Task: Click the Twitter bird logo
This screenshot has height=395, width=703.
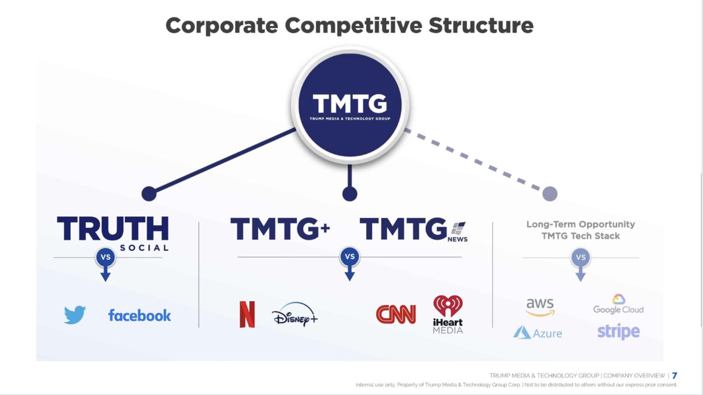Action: pyautogui.click(x=75, y=315)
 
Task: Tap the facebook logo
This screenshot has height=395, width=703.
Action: pyautogui.click(x=139, y=315)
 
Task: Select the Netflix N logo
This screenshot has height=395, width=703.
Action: pyautogui.click(x=247, y=314)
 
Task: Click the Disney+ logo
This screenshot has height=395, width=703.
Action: pyautogui.click(x=295, y=314)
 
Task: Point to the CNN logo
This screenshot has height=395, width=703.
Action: pyautogui.click(x=396, y=314)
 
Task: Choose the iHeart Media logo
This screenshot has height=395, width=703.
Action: pyautogui.click(x=448, y=314)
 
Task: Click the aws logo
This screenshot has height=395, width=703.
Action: pyautogui.click(x=540, y=307)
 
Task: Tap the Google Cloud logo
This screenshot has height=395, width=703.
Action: pyautogui.click(x=618, y=304)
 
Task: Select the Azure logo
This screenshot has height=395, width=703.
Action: pyautogui.click(x=538, y=332)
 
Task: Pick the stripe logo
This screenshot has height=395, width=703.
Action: pyautogui.click(x=619, y=332)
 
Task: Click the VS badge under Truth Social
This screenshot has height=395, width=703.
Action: pyautogui.click(x=105, y=257)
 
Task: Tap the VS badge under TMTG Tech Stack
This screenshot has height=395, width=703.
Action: pyautogui.click(x=581, y=257)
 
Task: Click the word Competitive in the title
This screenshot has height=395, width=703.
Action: pyautogui.click(x=353, y=25)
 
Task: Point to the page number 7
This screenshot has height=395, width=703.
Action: pyautogui.click(x=674, y=376)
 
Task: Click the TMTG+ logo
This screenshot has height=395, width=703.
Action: pyautogui.click(x=280, y=229)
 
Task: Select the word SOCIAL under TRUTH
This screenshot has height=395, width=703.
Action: pyautogui.click(x=144, y=248)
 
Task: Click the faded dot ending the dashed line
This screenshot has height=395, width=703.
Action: pyautogui.click(x=550, y=193)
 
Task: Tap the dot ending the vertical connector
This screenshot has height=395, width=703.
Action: pyautogui.click(x=350, y=194)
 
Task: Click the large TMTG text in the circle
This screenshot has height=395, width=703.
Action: pyautogui.click(x=350, y=103)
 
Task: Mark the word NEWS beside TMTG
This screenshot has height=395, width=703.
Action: pyautogui.click(x=458, y=239)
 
